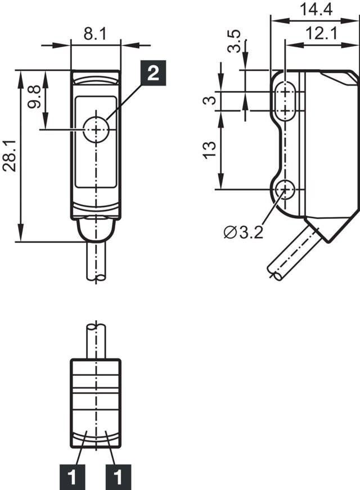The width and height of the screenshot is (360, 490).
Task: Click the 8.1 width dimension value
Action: click(96, 34)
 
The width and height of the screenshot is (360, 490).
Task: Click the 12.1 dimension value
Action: click(322, 34)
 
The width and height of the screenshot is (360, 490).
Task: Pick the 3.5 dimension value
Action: click(235, 42)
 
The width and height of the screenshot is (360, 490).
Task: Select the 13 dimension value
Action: click(209, 150)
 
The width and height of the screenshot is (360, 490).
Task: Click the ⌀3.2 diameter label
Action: click(244, 232)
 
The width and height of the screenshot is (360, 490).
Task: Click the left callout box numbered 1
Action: click(71, 478)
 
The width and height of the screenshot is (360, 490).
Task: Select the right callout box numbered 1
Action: click(118, 478)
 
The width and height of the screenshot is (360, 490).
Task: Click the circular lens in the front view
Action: click(96, 130)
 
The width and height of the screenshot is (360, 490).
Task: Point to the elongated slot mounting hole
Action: click(287, 101)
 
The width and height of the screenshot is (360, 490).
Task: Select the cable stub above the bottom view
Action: click(96, 341)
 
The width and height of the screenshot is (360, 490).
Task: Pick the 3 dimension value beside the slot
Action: click(209, 101)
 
